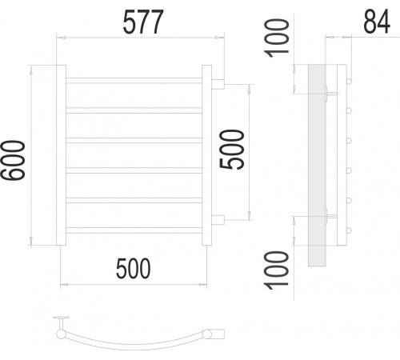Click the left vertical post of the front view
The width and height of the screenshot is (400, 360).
pyautogui.click(x=57, y=155)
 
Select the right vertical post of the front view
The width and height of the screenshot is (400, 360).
pyautogui.click(x=206, y=155)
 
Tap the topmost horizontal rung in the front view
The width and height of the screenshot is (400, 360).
pyautogui.click(x=132, y=81)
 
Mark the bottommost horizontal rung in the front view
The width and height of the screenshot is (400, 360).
pyautogui.click(x=132, y=228)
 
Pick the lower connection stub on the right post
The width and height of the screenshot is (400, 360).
pyautogui.click(x=218, y=218)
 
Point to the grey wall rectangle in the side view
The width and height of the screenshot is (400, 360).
pyautogui.click(x=316, y=165)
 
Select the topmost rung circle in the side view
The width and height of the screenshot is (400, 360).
pyautogui.click(x=349, y=79)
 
